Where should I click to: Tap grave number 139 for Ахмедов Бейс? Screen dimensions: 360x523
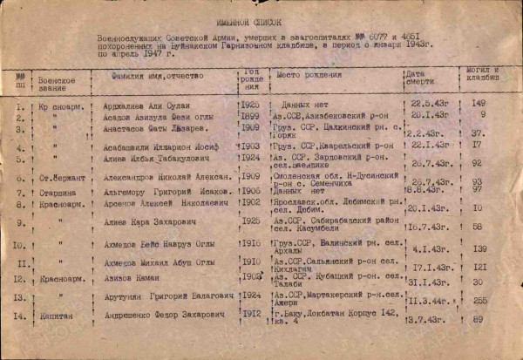pyautogui.click(x=479, y=248)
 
